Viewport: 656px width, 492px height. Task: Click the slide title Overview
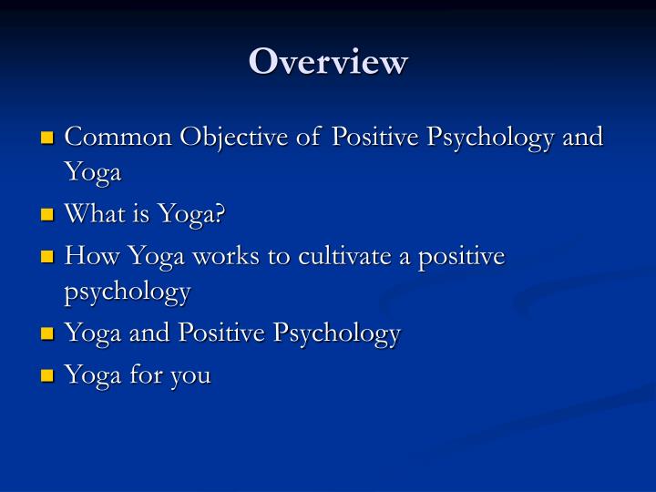click(x=329, y=62)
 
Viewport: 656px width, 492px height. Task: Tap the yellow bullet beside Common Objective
click(x=49, y=138)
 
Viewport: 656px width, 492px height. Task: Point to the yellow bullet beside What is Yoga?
click(x=49, y=216)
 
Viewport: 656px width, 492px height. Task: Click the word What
click(x=96, y=214)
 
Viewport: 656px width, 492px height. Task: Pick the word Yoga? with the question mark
click(x=190, y=216)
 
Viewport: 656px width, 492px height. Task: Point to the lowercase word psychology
click(x=128, y=292)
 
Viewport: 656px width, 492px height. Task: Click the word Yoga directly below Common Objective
click(x=93, y=173)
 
